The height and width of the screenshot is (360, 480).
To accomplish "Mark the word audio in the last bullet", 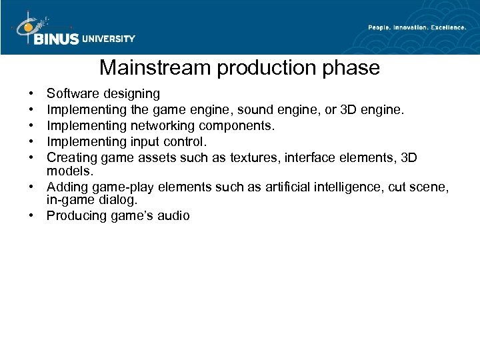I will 173,215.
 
